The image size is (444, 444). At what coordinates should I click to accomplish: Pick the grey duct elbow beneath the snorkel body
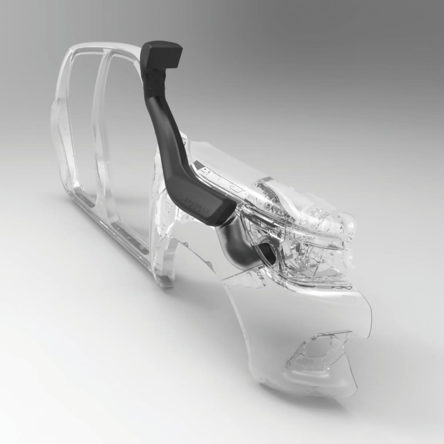pyautogui.click(x=235, y=242)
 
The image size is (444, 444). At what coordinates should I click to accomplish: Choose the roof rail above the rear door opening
pyautogui.click(x=89, y=50)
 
